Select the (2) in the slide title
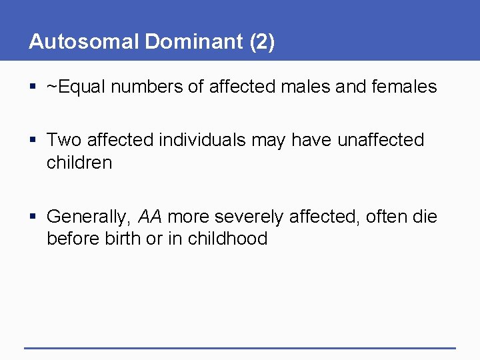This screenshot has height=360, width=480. point(262,42)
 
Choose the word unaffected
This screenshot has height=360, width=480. point(381,140)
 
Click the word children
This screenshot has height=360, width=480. point(79,162)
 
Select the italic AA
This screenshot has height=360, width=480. point(150,217)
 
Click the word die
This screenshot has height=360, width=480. point(423,217)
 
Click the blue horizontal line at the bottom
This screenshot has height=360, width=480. point(240,348)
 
